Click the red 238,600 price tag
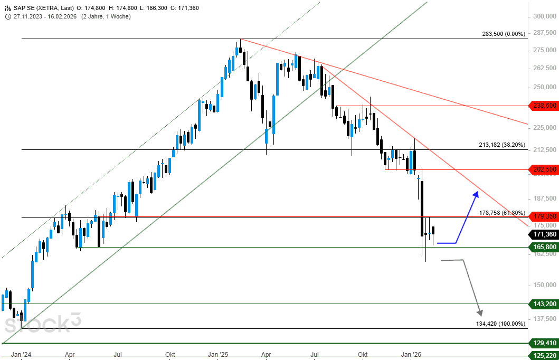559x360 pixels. coord(543,106)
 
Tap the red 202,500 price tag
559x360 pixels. coord(543,169)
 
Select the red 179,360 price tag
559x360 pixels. coord(543,216)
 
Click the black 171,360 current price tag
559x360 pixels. coord(543,234)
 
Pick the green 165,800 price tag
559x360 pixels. coord(543,247)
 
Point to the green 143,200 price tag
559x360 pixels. coord(543,304)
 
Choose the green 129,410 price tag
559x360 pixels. coord(543,343)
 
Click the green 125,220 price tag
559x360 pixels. coord(543,355)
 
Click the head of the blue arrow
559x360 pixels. coord(476,194)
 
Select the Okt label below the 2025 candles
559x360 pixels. coord(363,355)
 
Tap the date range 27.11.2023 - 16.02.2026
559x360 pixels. coord(46,16)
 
